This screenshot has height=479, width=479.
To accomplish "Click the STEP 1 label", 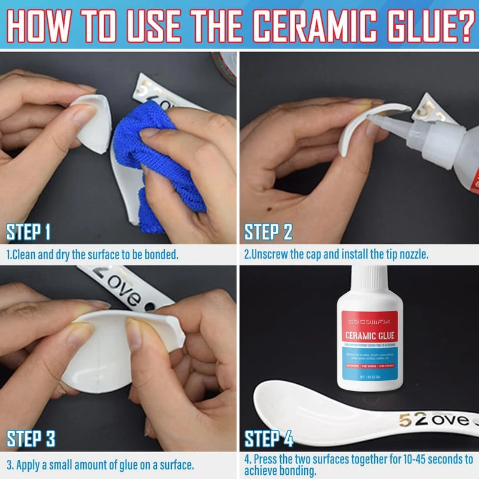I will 28,232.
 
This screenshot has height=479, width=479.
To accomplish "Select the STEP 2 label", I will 268,232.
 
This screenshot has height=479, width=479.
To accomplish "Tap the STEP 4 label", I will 268,439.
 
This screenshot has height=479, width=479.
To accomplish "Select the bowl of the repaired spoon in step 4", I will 287,407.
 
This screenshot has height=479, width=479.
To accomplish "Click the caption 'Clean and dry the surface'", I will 93,254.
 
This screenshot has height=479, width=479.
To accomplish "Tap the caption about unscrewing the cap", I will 336,254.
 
